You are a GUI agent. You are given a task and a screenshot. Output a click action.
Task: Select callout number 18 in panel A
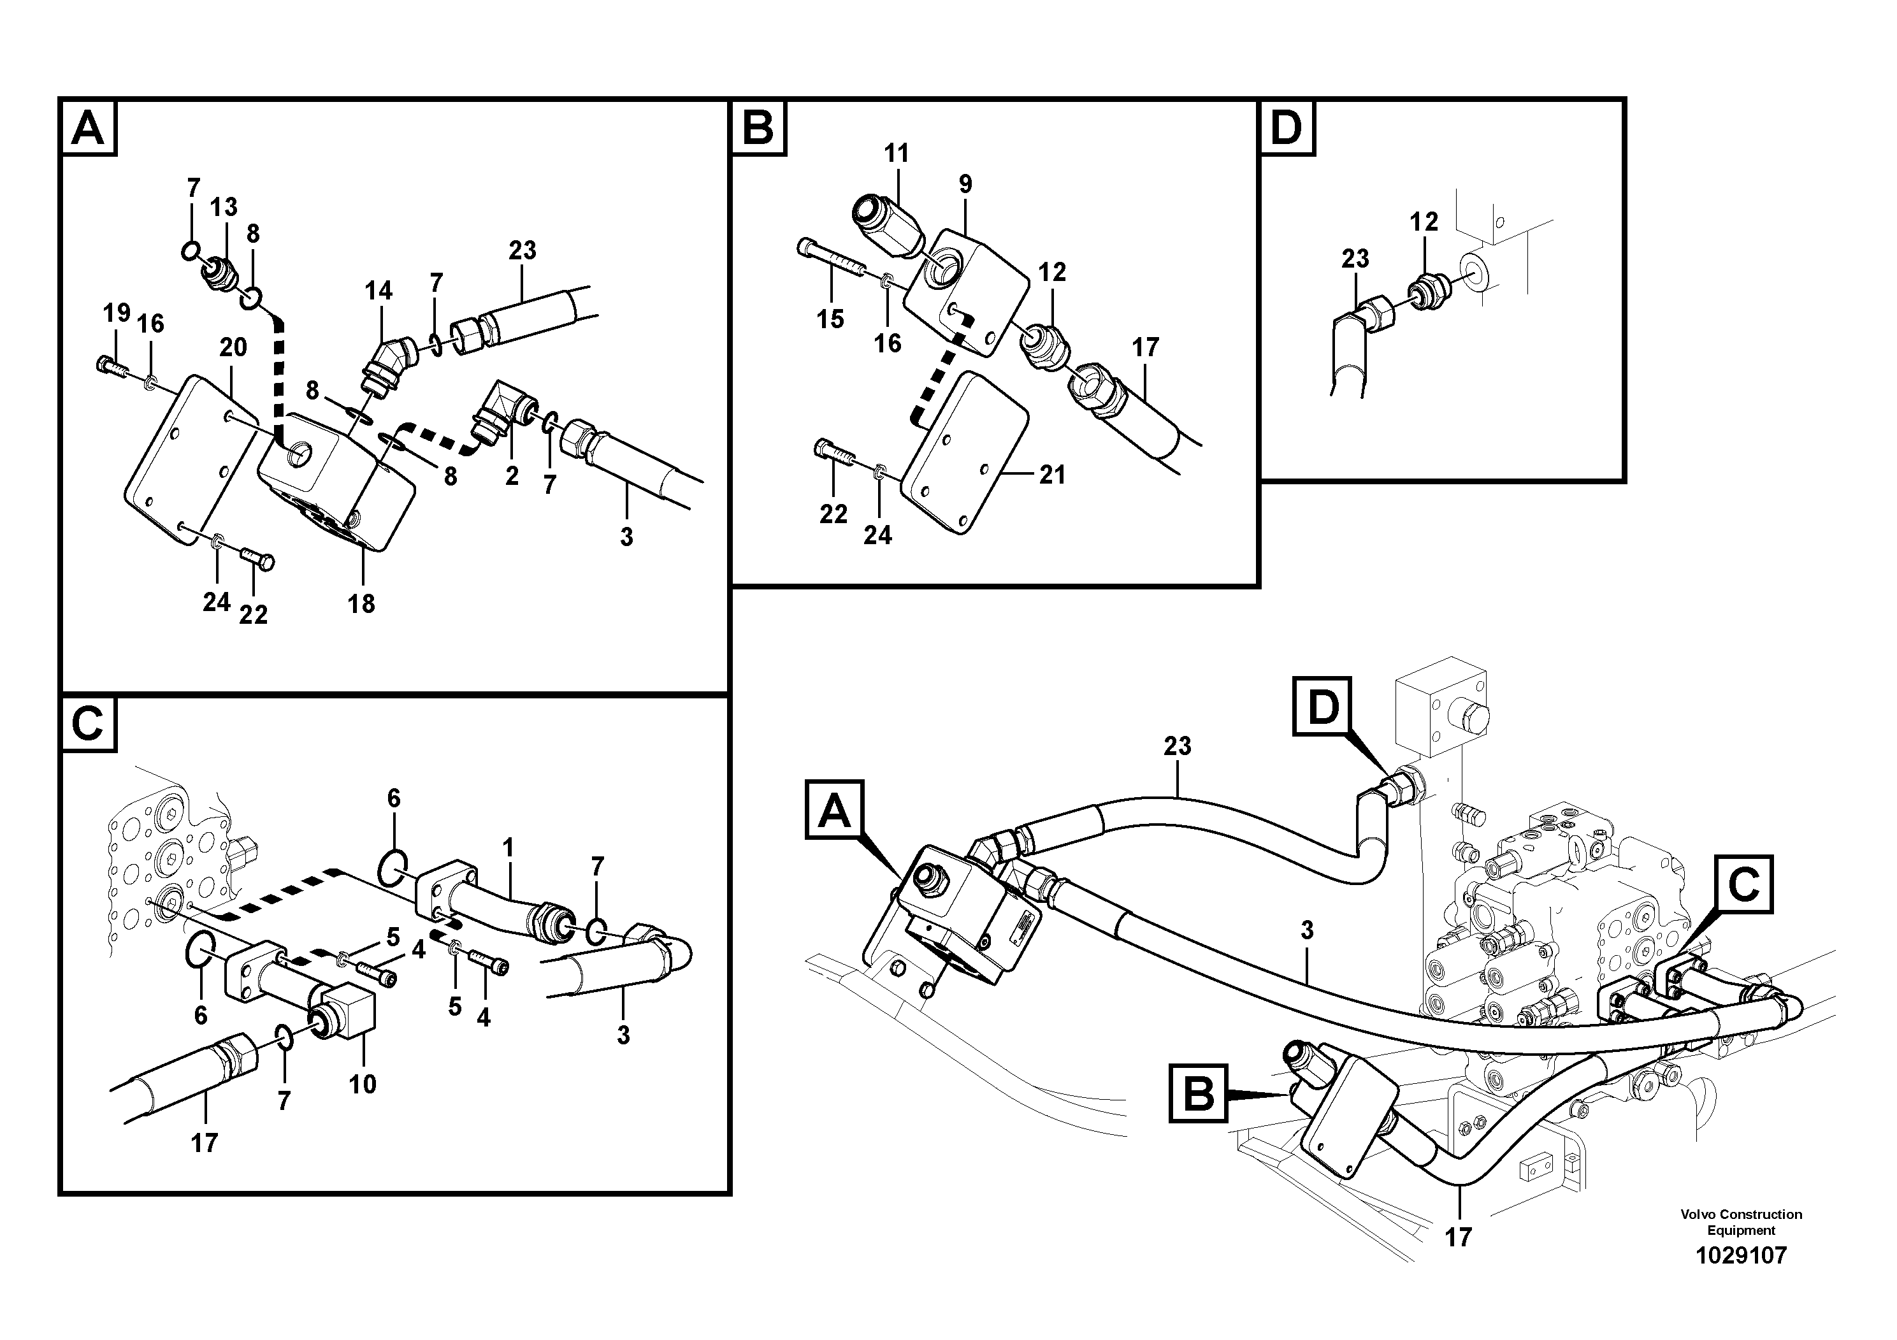361,604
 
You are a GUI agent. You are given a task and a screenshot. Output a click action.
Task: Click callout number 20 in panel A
233,347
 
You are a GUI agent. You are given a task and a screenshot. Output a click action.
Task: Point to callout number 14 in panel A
379,291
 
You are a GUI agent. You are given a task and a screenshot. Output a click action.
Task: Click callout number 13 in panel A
223,206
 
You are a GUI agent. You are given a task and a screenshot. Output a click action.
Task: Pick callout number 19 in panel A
117,312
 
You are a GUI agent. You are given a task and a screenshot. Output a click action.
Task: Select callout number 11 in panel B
896,153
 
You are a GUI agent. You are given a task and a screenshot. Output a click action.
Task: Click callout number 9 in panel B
965,184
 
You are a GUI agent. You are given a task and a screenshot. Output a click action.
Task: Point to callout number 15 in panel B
830,319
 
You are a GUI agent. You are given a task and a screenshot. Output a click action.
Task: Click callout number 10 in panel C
362,1084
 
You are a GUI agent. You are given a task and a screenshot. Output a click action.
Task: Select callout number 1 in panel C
508,847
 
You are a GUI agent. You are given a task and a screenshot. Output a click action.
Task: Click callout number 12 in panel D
1424,221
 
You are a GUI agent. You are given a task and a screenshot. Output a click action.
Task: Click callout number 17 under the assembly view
1459,1237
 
